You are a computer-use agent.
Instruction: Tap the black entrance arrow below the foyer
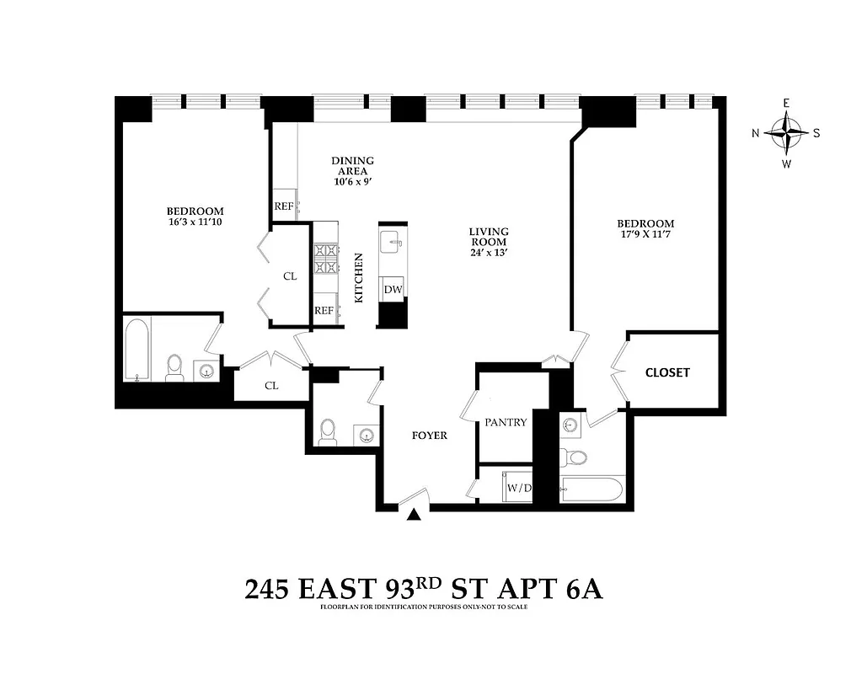click(413, 516)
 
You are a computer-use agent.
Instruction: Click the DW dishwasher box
click(393, 289)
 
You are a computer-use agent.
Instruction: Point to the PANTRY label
click(506, 422)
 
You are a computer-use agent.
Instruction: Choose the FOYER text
click(429, 436)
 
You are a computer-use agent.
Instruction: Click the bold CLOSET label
click(667, 372)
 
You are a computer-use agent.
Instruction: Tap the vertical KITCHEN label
click(358, 278)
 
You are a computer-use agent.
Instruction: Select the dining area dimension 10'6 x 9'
click(352, 180)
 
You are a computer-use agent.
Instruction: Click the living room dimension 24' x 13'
click(489, 252)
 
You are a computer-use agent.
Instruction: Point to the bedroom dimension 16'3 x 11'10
click(195, 222)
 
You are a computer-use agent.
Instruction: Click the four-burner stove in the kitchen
click(325, 259)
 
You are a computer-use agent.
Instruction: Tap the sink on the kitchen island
click(391, 243)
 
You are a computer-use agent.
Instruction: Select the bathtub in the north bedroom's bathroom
click(137, 350)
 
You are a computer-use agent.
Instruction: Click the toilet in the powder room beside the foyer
click(328, 431)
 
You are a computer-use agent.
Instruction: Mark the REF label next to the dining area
click(283, 206)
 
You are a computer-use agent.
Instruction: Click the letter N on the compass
click(756, 133)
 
